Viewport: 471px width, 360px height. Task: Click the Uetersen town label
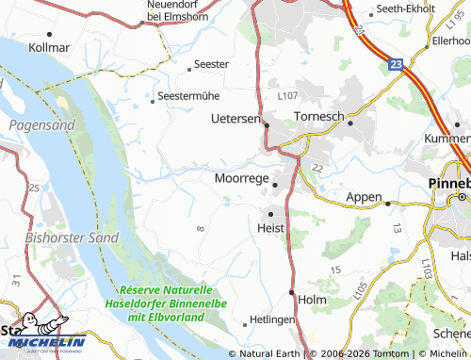(x=235, y=119)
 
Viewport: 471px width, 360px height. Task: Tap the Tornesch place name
(x=318, y=116)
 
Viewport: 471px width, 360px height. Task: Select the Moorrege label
(x=242, y=177)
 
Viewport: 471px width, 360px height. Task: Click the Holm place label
(x=311, y=300)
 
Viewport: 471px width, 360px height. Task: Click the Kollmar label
(x=49, y=46)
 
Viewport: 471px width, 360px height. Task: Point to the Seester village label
(x=210, y=64)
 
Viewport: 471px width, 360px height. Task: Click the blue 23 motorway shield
(x=396, y=64)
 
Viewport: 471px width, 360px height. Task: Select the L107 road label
(x=287, y=96)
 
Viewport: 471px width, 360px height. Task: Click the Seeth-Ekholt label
(x=406, y=8)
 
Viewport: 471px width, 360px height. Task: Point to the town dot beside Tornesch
(x=350, y=123)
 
